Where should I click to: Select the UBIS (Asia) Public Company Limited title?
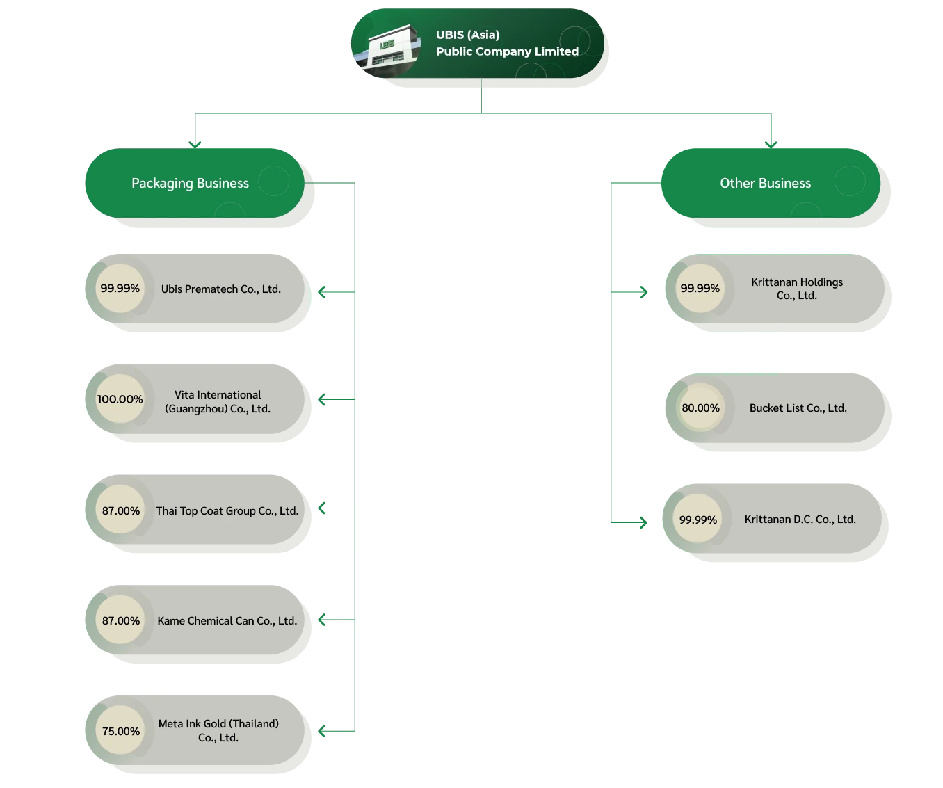(506, 43)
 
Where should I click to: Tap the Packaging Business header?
(190, 183)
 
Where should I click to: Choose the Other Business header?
(765, 183)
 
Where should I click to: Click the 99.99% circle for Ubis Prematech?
(120, 289)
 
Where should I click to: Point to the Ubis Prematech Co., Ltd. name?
(221, 289)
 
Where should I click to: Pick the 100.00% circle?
(120, 399)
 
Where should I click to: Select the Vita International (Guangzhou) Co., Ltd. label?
(218, 402)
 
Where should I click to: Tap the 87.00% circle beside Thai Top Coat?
(120, 511)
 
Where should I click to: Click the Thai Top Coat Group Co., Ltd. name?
(227, 511)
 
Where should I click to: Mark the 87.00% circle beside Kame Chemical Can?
(120, 620)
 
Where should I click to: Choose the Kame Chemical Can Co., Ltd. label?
(227, 621)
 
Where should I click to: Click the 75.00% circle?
(120, 731)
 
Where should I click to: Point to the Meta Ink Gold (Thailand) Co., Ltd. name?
(218, 731)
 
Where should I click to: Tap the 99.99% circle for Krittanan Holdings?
(700, 289)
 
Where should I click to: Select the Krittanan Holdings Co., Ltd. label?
(797, 289)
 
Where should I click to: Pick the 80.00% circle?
(700, 408)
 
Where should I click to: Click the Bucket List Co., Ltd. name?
(798, 408)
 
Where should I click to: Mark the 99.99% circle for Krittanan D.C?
(698, 520)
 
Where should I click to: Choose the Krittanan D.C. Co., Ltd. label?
(800, 520)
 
